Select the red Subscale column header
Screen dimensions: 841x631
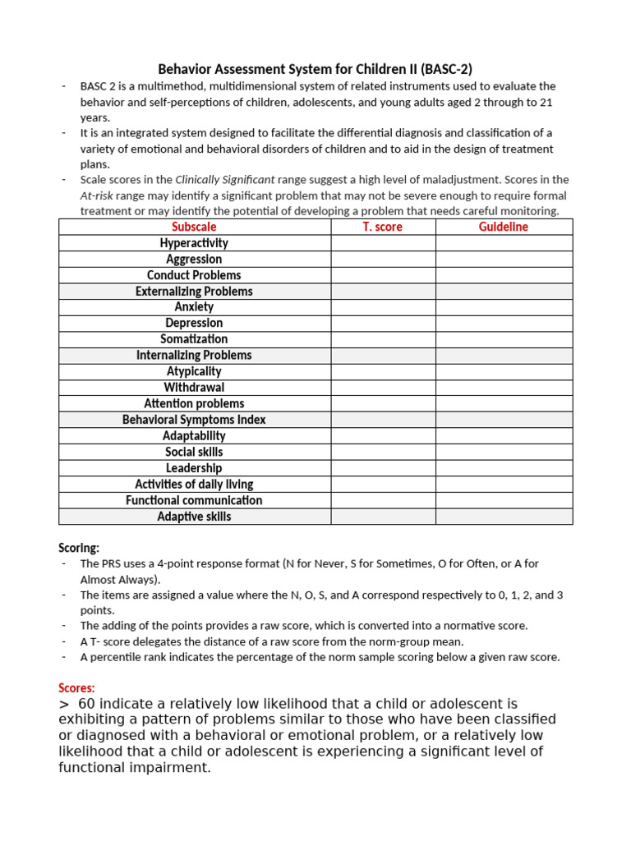(x=194, y=227)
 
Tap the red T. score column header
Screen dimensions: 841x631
(x=383, y=227)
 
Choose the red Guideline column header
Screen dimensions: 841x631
(x=504, y=227)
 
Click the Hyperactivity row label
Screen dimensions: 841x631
(x=194, y=243)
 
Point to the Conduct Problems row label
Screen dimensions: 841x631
(x=194, y=275)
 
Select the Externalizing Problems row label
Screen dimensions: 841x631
(x=194, y=292)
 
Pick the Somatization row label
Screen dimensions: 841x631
(x=194, y=339)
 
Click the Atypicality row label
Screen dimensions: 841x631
(x=194, y=371)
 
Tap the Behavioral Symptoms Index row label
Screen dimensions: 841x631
(x=194, y=420)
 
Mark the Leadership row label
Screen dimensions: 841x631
(x=194, y=468)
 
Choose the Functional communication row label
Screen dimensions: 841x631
(x=194, y=500)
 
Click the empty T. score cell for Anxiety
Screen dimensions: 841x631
(x=383, y=307)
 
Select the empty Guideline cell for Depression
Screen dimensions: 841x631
(x=504, y=324)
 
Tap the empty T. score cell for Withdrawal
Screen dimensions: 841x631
(x=383, y=388)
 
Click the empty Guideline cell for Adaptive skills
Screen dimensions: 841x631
(x=504, y=517)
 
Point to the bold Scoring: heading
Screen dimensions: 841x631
(x=79, y=548)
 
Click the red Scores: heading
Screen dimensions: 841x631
(x=76, y=687)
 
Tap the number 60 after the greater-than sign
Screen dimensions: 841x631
(x=89, y=704)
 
